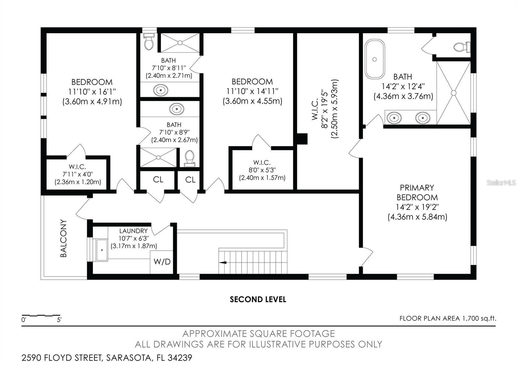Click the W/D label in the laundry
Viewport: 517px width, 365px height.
(162, 262)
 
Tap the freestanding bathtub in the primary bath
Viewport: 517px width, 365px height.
(375, 59)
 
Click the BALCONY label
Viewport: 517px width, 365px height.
(64, 238)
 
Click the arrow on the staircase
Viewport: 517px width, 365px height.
(223, 263)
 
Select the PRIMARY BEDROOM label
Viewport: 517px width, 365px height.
(417, 193)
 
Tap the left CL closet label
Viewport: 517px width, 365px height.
(158, 180)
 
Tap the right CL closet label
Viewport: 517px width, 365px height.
(190, 180)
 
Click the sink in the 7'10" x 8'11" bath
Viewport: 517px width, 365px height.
(161, 89)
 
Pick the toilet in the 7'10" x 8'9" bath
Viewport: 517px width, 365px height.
(190, 157)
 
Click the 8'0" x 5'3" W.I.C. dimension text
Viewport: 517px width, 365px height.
(262, 170)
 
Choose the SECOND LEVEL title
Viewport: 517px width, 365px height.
(258, 299)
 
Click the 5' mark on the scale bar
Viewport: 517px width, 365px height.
(59, 320)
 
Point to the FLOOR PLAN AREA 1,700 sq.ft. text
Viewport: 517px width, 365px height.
(448, 318)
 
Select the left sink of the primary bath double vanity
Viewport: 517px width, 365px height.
(394, 118)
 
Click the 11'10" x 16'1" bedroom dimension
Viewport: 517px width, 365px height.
(92, 92)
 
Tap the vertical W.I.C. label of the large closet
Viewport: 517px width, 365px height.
(315, 110)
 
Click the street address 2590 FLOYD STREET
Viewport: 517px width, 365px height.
(61, 358)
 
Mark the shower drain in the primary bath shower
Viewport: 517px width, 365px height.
(453, 93)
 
